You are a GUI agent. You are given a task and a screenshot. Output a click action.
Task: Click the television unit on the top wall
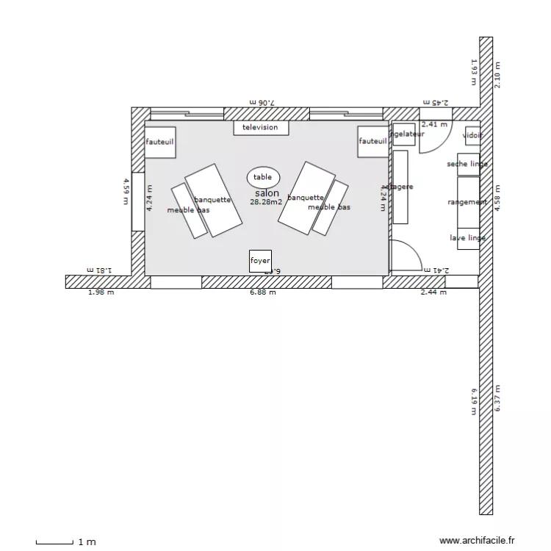pyautogui.click(x=261, y=128)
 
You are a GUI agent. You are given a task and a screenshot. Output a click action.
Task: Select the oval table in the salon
pyautogui.click(x=262, y=177)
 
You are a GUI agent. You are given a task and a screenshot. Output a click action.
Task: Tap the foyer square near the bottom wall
pyautogui.click(x=260, y=262)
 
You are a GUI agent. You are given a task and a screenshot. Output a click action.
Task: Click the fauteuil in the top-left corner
pyautogui.click(x=159, y=142)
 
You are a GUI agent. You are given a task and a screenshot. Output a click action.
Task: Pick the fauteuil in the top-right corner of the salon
pyautogui.click(x=372, y=142)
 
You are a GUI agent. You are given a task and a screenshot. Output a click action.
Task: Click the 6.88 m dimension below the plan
pyautogui.click(x=262, y=292)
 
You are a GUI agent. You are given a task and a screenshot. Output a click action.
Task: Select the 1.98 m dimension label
pyautogui.click(x=101, y=292)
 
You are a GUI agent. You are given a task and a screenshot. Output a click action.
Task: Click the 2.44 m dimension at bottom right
pyautogui.click(x=433, y=292)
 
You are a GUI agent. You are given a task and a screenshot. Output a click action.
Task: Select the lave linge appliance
pyautogui.click(x=468, y=238)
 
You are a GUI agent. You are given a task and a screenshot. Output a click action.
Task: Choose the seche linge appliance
pyautogui.click(x=468, y=165)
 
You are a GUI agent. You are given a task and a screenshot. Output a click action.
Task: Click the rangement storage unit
pyautogui.click(x=468, y=202)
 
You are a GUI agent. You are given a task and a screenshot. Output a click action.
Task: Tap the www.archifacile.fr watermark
pyautogui.click(x=478, y=541)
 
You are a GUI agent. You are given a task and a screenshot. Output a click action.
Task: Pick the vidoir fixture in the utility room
pyautogui.click(x=472, y=135)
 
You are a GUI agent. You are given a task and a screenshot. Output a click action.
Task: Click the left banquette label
pyautogui.click(x=213, y=199)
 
